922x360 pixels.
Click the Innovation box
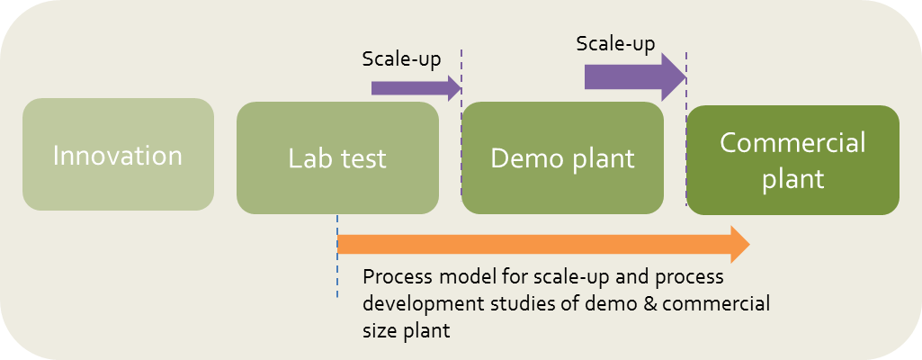point(118,154)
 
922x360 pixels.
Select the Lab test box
point(337,157)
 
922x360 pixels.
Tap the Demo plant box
point(563,157)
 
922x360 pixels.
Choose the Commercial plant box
point(793,160)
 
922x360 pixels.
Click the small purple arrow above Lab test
point(416,88)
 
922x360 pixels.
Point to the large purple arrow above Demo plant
point(636,77)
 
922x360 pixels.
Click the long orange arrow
point(543,244)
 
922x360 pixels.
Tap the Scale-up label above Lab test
point(401,59)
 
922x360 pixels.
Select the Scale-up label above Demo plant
point(615,44)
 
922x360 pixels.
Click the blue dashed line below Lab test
point(337,256)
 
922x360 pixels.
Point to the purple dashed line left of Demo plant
point(461,123)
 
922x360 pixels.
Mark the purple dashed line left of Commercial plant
point(686,129)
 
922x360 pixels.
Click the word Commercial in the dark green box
point(792,143)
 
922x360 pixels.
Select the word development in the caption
point(418,304)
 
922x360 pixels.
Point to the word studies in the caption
point(513,304)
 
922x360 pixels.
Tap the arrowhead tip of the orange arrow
point(749,244)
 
